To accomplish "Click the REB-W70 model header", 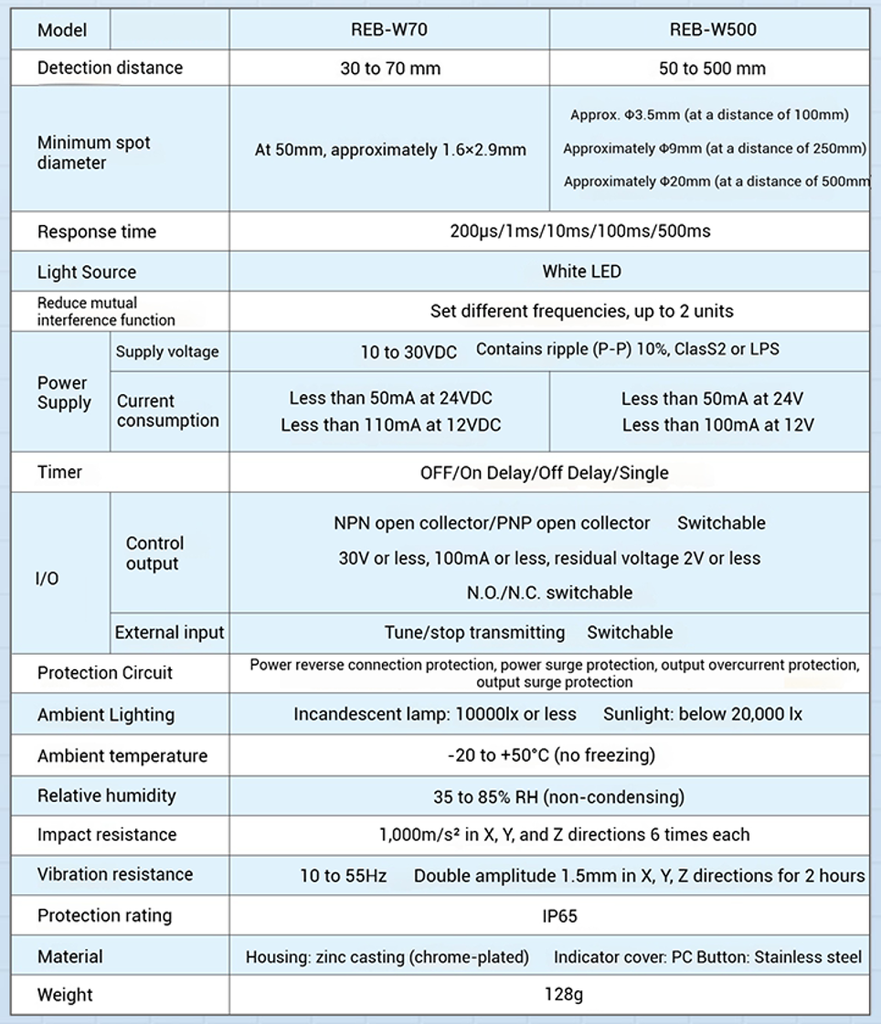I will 389,29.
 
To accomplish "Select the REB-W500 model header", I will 713,29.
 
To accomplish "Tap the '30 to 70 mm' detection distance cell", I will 389,68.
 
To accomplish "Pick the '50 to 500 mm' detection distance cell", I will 712,68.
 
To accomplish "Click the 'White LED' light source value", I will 581,272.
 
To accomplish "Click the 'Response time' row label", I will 97,231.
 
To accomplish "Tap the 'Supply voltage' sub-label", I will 167,352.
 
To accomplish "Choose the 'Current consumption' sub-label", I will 168,411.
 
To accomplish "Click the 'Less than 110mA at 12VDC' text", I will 391,425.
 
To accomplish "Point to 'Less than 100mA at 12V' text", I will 717,425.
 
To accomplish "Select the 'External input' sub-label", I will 169,633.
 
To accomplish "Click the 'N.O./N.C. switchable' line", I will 549,592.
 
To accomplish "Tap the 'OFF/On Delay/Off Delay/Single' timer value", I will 544,473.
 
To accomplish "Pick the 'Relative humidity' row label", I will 107,795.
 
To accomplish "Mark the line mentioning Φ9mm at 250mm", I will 715,149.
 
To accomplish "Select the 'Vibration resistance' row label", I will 115,874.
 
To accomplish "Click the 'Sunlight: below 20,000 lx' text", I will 702,714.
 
